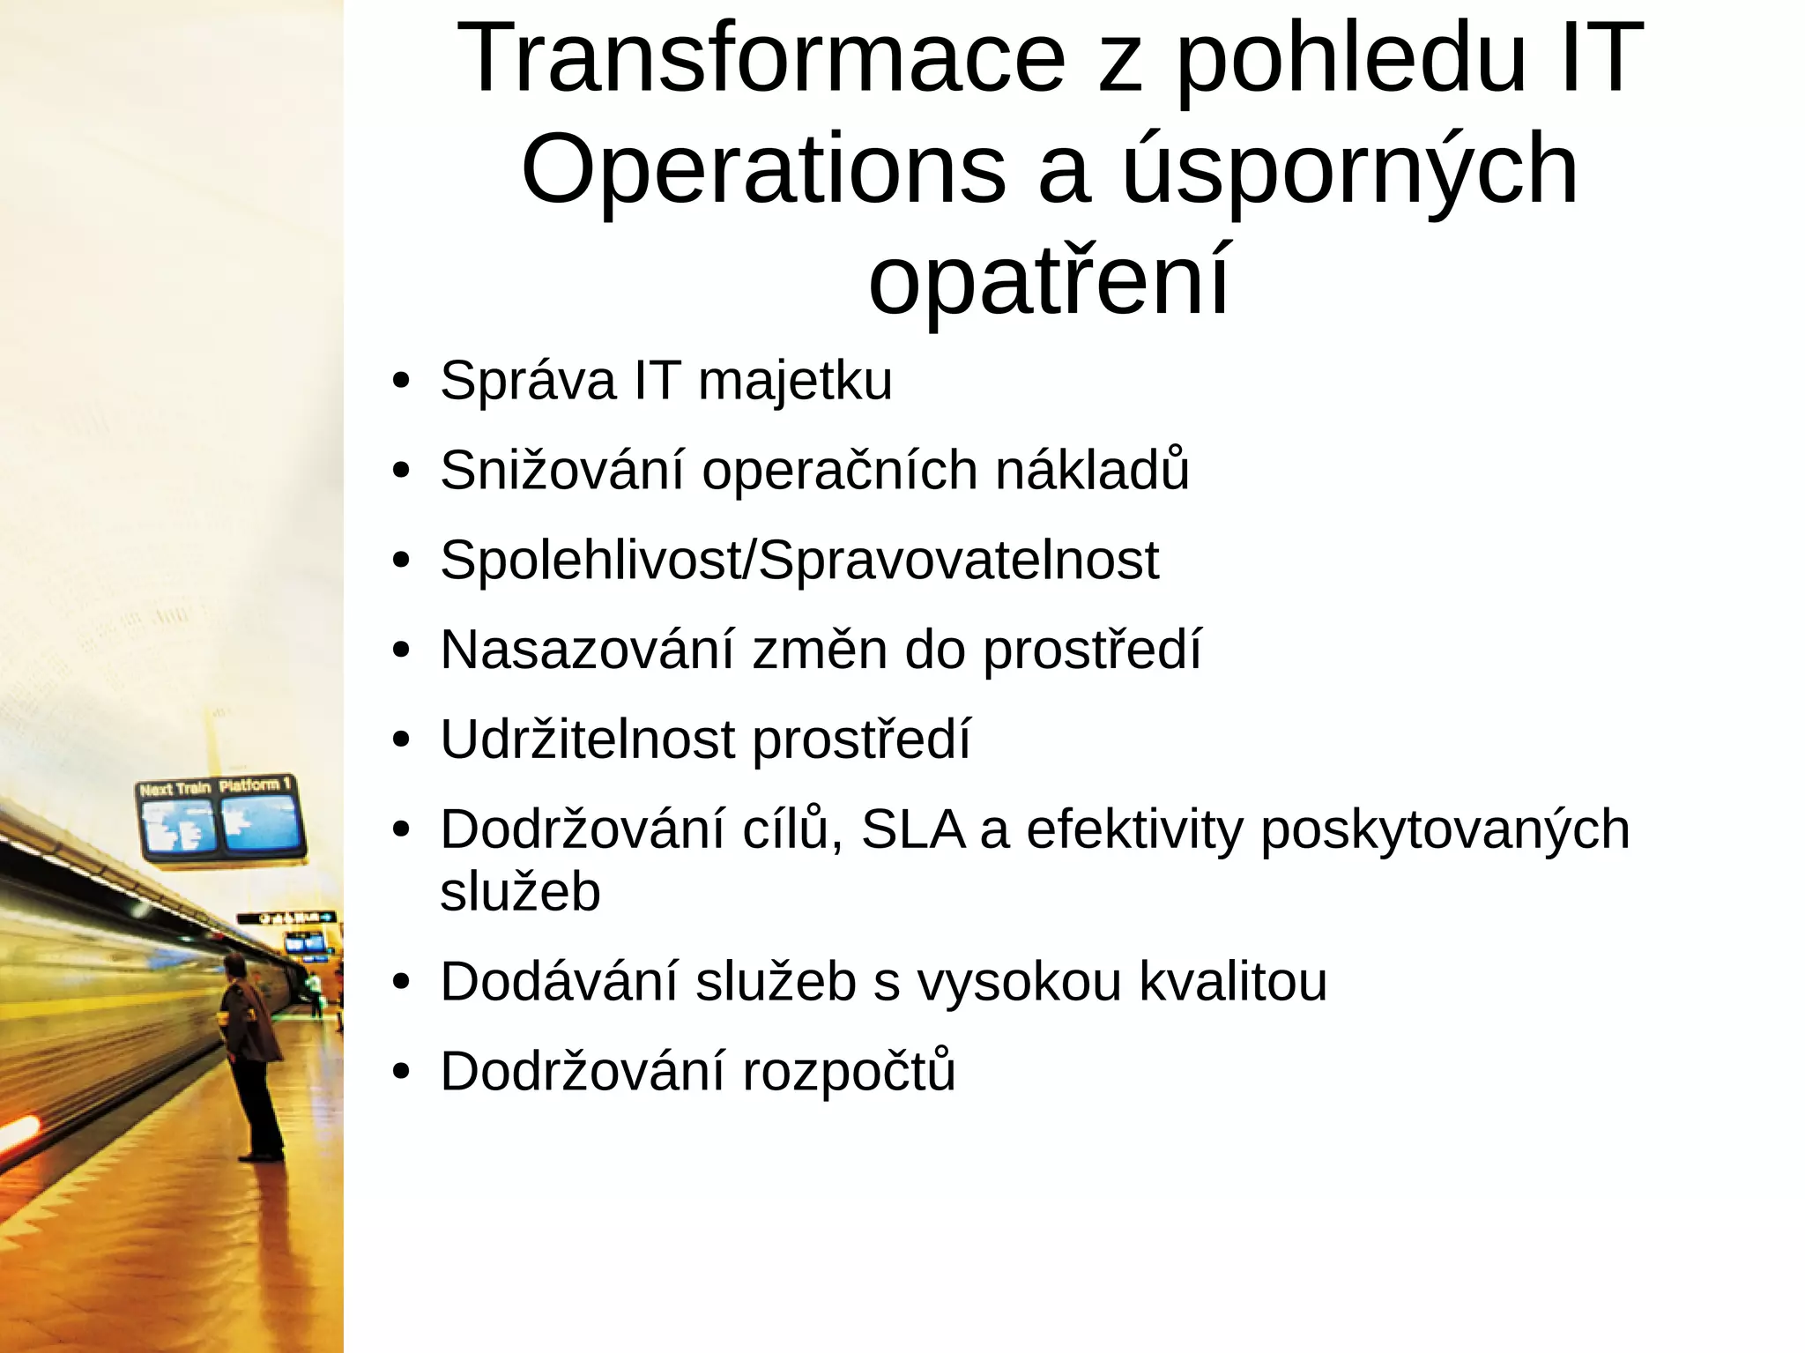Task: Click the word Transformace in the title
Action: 761,60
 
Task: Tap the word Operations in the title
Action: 763,169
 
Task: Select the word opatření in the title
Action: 1049,281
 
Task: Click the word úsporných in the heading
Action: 1349,169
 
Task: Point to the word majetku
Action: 795,382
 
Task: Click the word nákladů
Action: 1092,470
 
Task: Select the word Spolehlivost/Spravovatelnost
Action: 799,560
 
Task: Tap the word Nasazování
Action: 587,650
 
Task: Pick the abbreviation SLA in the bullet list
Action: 912,829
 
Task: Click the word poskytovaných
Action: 1445,831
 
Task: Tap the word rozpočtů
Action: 849,1072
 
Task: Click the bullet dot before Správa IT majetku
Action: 402,383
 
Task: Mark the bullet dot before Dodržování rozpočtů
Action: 402,1073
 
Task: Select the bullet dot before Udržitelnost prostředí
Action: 402,740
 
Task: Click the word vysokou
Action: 1020,981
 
